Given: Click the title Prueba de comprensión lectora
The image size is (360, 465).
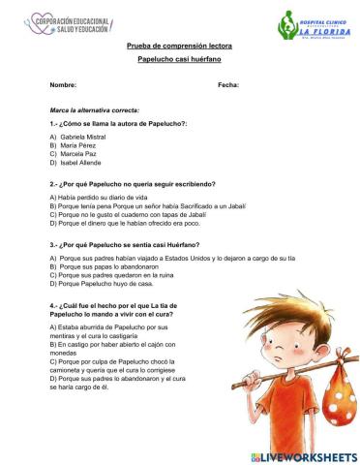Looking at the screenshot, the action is (x=179, y=46).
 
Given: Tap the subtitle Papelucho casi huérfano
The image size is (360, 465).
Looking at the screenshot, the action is (x=179, y=60).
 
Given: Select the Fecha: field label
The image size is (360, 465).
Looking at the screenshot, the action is (x=228, y=85).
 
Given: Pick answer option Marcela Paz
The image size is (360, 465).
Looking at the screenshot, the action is (x=78, y=154).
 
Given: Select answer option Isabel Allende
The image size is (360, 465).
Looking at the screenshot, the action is (x=80, y=162).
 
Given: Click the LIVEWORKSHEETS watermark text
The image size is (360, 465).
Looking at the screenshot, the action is (x=304, y=455).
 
